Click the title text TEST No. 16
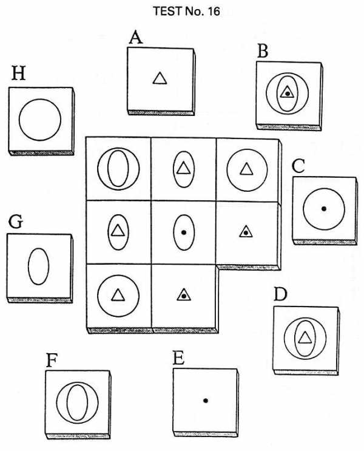186,12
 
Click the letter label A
136,38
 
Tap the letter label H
19,73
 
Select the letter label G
16,222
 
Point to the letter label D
280,294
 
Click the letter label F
52,361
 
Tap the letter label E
178,358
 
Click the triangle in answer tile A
160,78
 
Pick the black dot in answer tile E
205,401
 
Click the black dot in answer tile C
324,209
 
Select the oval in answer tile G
39,266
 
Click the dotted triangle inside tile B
287,92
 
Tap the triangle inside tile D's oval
305,337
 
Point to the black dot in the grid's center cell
184,232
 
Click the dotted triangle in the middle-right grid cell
246,231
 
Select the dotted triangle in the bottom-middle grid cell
184,295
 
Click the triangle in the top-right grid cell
246,169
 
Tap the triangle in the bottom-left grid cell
118,295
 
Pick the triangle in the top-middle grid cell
183,168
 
